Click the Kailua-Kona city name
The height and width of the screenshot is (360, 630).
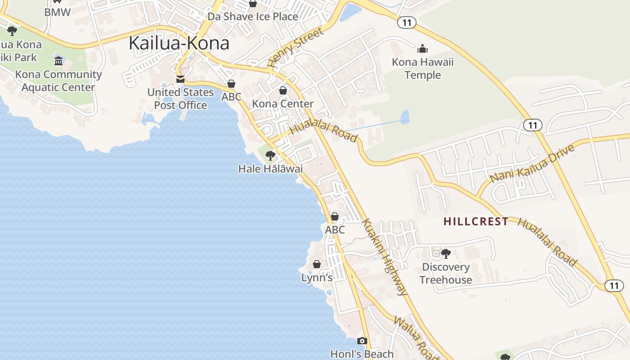[179, 43]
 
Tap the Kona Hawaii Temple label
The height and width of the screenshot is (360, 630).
[423, 68]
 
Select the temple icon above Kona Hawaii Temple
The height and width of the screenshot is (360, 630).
[423, 48]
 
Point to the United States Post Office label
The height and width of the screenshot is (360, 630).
[180, 99]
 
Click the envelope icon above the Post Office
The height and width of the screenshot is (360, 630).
[180, 80]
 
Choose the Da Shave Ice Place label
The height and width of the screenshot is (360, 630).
[252, 17]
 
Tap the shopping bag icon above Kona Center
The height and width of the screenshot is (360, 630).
[283, 90]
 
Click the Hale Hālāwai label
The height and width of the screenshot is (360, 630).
[270, 169]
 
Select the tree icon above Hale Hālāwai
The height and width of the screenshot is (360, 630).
[270, 156]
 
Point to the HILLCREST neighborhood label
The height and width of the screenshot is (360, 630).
[476, 221]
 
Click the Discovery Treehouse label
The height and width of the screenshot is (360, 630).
[446, 273]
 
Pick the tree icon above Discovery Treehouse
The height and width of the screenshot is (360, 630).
[446, 254]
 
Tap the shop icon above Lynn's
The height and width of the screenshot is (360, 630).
[317, 264]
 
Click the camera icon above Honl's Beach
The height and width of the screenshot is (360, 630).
[362, 341]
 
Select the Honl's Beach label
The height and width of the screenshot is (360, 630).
[362, 354]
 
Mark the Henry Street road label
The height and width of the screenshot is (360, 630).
[296, 47]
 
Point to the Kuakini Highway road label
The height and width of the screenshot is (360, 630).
[385, 257]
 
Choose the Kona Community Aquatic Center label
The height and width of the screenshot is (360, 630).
[58, 81]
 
